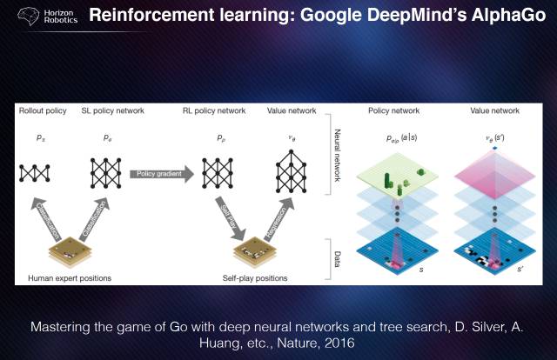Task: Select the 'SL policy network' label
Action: click(x=112, y=111)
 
